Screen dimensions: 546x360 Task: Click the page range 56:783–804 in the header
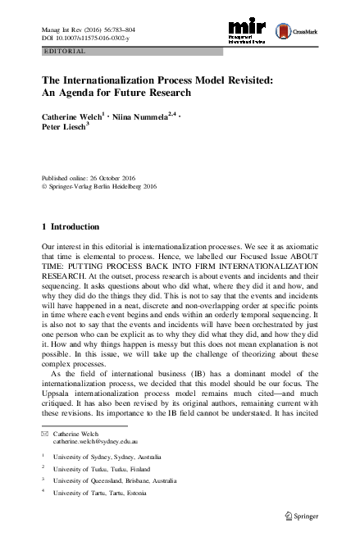pos(121,27)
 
